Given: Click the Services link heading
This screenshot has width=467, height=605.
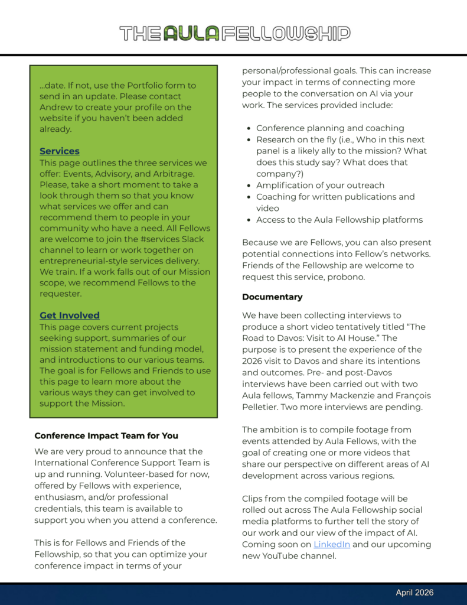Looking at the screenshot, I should (60, 151).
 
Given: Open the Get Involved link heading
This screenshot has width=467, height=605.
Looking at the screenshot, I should (70, 315).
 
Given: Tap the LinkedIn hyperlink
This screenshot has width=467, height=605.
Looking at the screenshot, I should (331, 544).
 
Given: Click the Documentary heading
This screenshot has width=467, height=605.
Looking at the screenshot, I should (272, 297).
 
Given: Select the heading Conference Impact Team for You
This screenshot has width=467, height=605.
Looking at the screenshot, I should (106, 436).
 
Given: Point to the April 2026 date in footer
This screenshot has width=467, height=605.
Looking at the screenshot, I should (414, 593).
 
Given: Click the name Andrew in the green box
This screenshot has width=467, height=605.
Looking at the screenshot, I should (57, 107).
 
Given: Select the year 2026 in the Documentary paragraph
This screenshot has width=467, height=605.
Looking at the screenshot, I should (254, 361).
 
